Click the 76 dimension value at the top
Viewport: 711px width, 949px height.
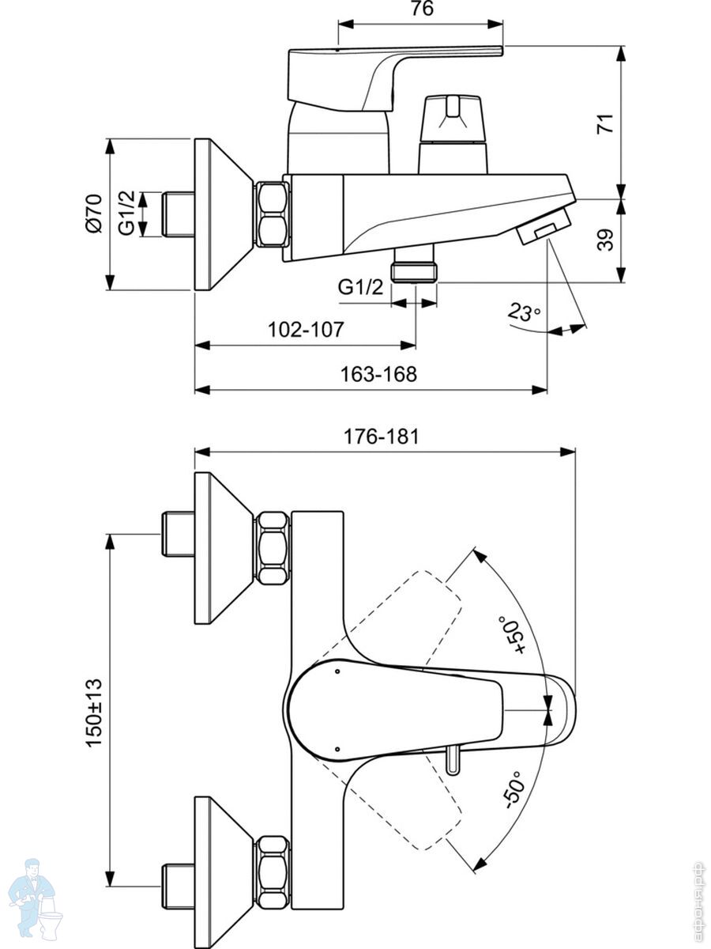point(422,9)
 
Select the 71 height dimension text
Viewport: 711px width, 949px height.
point(605,123)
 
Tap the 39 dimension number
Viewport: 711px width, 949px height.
point(605,240)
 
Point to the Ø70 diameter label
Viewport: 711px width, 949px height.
point(94,214)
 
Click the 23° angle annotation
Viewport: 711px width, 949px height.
point(524,312)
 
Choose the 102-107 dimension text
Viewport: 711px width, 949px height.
point(306,330)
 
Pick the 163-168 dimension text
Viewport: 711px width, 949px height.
point(378,374)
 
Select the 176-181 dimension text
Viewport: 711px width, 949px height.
point(381,437)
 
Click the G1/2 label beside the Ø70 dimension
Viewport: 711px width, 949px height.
point(127,214)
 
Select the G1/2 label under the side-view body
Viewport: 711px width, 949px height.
point(360,286)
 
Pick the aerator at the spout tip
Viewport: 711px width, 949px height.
point(544,226)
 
